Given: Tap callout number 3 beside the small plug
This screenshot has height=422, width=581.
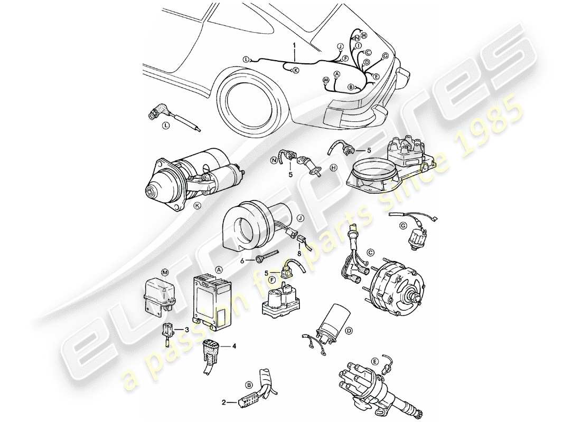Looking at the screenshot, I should click(186, 329).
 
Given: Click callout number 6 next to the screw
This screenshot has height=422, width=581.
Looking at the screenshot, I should click(242, 260).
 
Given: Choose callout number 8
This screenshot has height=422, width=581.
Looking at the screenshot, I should click(299, 253).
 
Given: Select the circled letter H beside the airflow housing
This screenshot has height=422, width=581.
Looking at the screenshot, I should click(333, 168).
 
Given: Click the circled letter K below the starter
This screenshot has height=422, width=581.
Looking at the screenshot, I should click(198, 206).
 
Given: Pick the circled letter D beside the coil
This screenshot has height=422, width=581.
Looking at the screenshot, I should click(348, 331).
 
